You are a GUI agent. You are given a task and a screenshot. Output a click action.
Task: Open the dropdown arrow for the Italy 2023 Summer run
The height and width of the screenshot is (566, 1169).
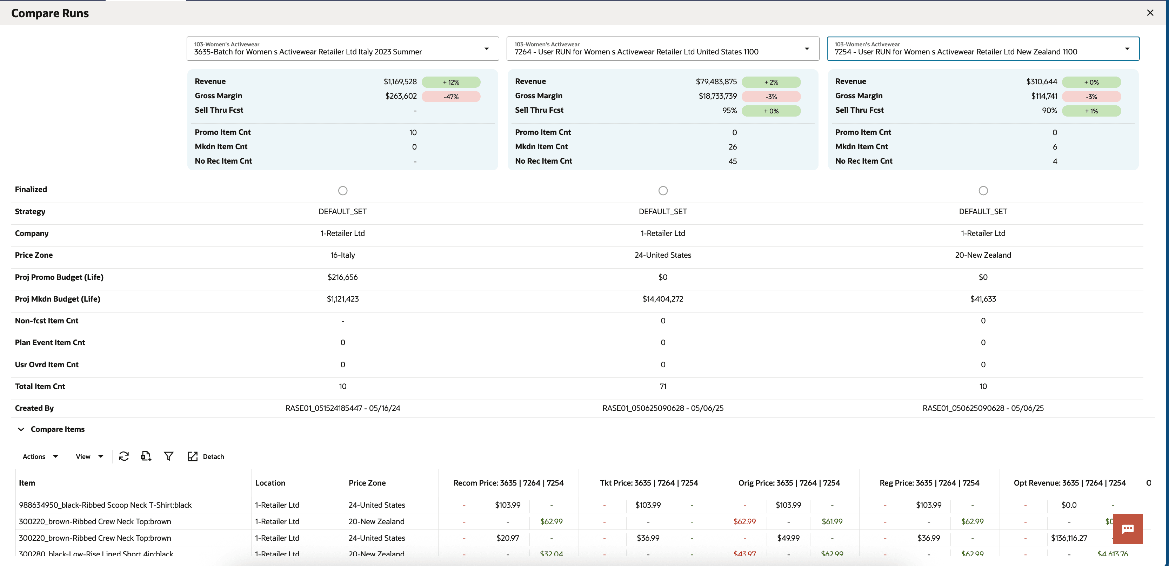[487, 48]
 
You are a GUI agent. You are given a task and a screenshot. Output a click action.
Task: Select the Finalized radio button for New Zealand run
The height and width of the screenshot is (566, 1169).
[983, 191]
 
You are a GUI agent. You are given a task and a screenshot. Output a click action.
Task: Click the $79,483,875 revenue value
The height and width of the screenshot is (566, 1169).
[716, 82]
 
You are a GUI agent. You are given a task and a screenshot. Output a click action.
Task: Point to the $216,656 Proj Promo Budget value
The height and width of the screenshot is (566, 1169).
[343, 277]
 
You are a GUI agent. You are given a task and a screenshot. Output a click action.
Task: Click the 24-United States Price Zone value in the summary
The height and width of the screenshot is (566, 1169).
[662, 255]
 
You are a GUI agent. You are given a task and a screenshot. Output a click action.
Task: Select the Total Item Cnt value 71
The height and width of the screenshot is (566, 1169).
[662, 387]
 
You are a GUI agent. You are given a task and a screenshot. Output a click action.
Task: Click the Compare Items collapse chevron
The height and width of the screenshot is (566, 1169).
[21, 429]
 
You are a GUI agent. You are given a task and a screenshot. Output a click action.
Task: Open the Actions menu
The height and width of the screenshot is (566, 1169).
[40, 456]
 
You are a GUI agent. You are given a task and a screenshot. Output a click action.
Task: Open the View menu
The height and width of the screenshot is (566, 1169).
[89, 456]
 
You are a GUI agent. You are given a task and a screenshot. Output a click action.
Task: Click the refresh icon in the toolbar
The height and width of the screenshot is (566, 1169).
[124, 456]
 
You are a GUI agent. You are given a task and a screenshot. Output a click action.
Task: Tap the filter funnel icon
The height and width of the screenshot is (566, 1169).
[168, 456]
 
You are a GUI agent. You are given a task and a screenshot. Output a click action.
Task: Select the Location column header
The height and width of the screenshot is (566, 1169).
[270, 483]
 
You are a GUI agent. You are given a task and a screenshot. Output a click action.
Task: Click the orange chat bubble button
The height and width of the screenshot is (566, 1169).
[1127, 529]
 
